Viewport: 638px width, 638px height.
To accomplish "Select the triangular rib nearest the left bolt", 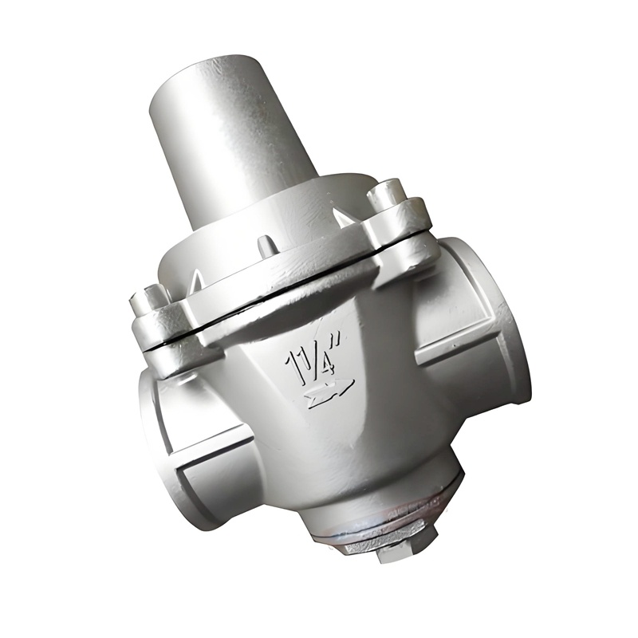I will tap(194, 279).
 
